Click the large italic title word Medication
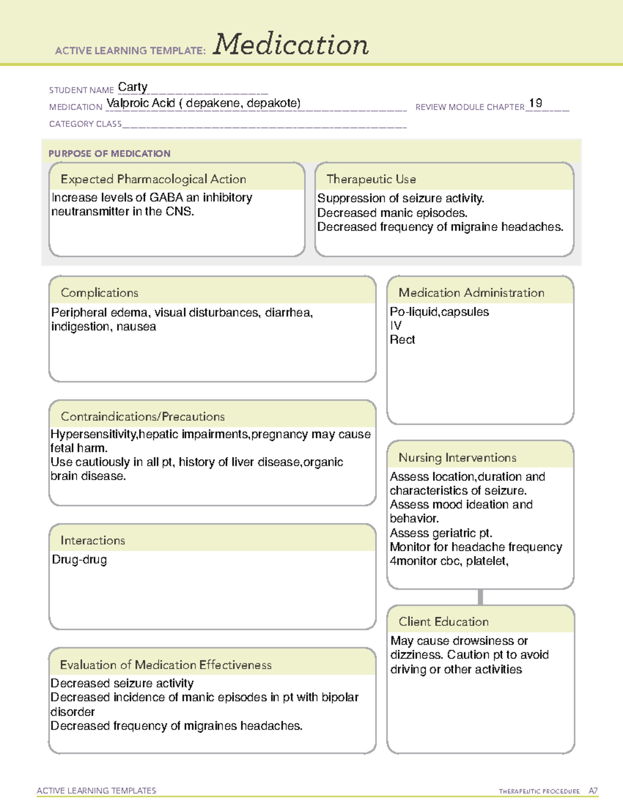tap(291, 45)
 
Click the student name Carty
tap(133, 87)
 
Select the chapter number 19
tap(535, 103)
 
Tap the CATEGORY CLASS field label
tap(85, 124)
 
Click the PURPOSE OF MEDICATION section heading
tap(110, 154)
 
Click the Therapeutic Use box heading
tap(371, 180)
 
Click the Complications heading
tap(100, 293)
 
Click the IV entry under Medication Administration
tap(396, 326)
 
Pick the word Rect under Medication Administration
tap(402, 340)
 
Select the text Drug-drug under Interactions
tap(79, 560)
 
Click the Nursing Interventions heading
tap(457, 458)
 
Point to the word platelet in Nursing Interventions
tap(486, 562)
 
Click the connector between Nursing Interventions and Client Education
tap(480, 597)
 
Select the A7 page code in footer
tap(593, 791)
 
